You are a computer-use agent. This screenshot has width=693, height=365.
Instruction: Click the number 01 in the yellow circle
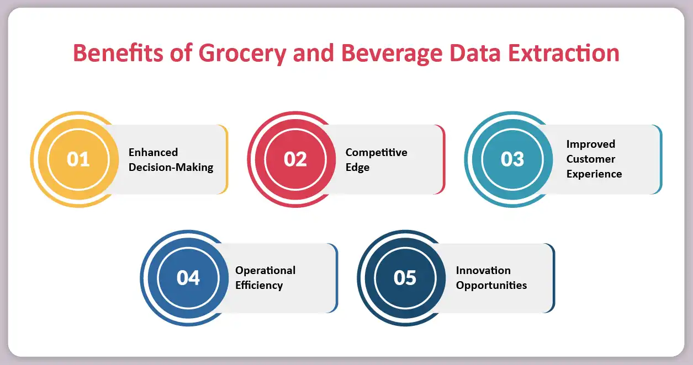pyautogui.click(x=78, y=159)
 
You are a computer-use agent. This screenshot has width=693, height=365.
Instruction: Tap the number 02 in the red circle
pyautogui.click(x=295, y=159)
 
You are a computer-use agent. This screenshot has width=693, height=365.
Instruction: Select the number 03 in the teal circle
pyautogui.click(x=512, y=159)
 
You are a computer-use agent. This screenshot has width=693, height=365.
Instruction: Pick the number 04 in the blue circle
pyautogui.click(x=188, y=278)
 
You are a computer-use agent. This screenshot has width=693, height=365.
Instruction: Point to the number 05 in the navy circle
pyautogui.click(x=405, y=278)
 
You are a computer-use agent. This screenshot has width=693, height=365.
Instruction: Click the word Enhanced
pyautogui.click(x=153, y=152)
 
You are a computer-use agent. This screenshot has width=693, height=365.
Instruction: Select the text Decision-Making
pyautogui.click(x=171, y=168)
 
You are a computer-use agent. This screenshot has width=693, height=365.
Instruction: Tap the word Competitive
pyautogui.click(x=376, y=152)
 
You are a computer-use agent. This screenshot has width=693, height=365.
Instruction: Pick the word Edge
pyautogui.click(x=357, y=168)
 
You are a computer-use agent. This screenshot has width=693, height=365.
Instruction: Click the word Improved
pyautogui.click(x=590, y=144)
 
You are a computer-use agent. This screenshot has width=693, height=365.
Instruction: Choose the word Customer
pyautogui.click(x=590, y=159)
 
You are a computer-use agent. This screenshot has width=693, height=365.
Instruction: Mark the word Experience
pyautogui.click(x=594, y=174)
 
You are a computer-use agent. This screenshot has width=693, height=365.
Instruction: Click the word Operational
pyautogui.click(x=265, y=270)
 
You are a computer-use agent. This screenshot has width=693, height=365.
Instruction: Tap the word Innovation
pyautogui.click(x=483, y=270)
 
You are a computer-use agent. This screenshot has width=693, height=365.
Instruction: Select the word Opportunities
pyautogui.click(x=491, y=285)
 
